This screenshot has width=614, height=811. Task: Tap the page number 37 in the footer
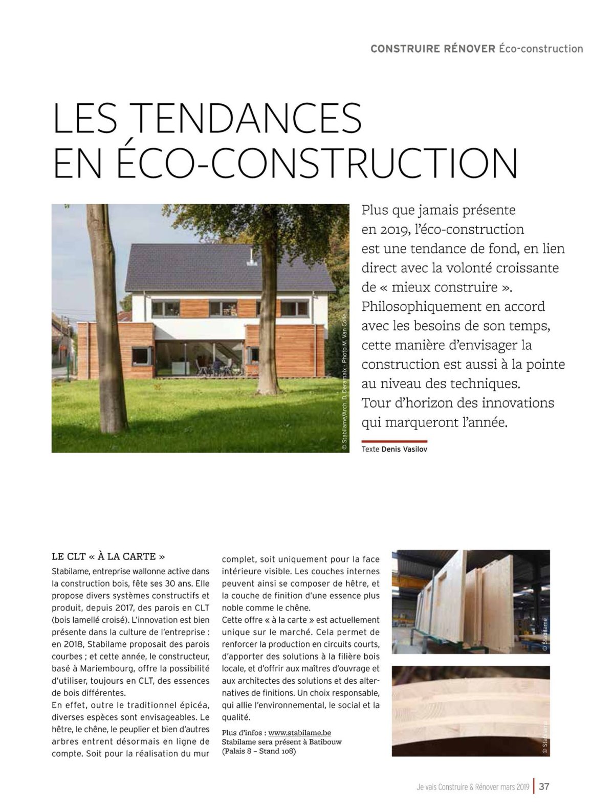coord(544,786)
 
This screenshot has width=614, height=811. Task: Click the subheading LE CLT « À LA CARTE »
coord(108,556)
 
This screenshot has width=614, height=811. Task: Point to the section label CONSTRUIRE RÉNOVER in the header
coord(432,49)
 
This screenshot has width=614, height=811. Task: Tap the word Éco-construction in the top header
coord(541,49)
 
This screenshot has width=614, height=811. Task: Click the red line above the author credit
coord(394,441)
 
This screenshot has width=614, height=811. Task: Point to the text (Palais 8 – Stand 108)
coord(259,752)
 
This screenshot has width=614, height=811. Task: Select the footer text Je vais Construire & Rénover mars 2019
coord(473,787)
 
